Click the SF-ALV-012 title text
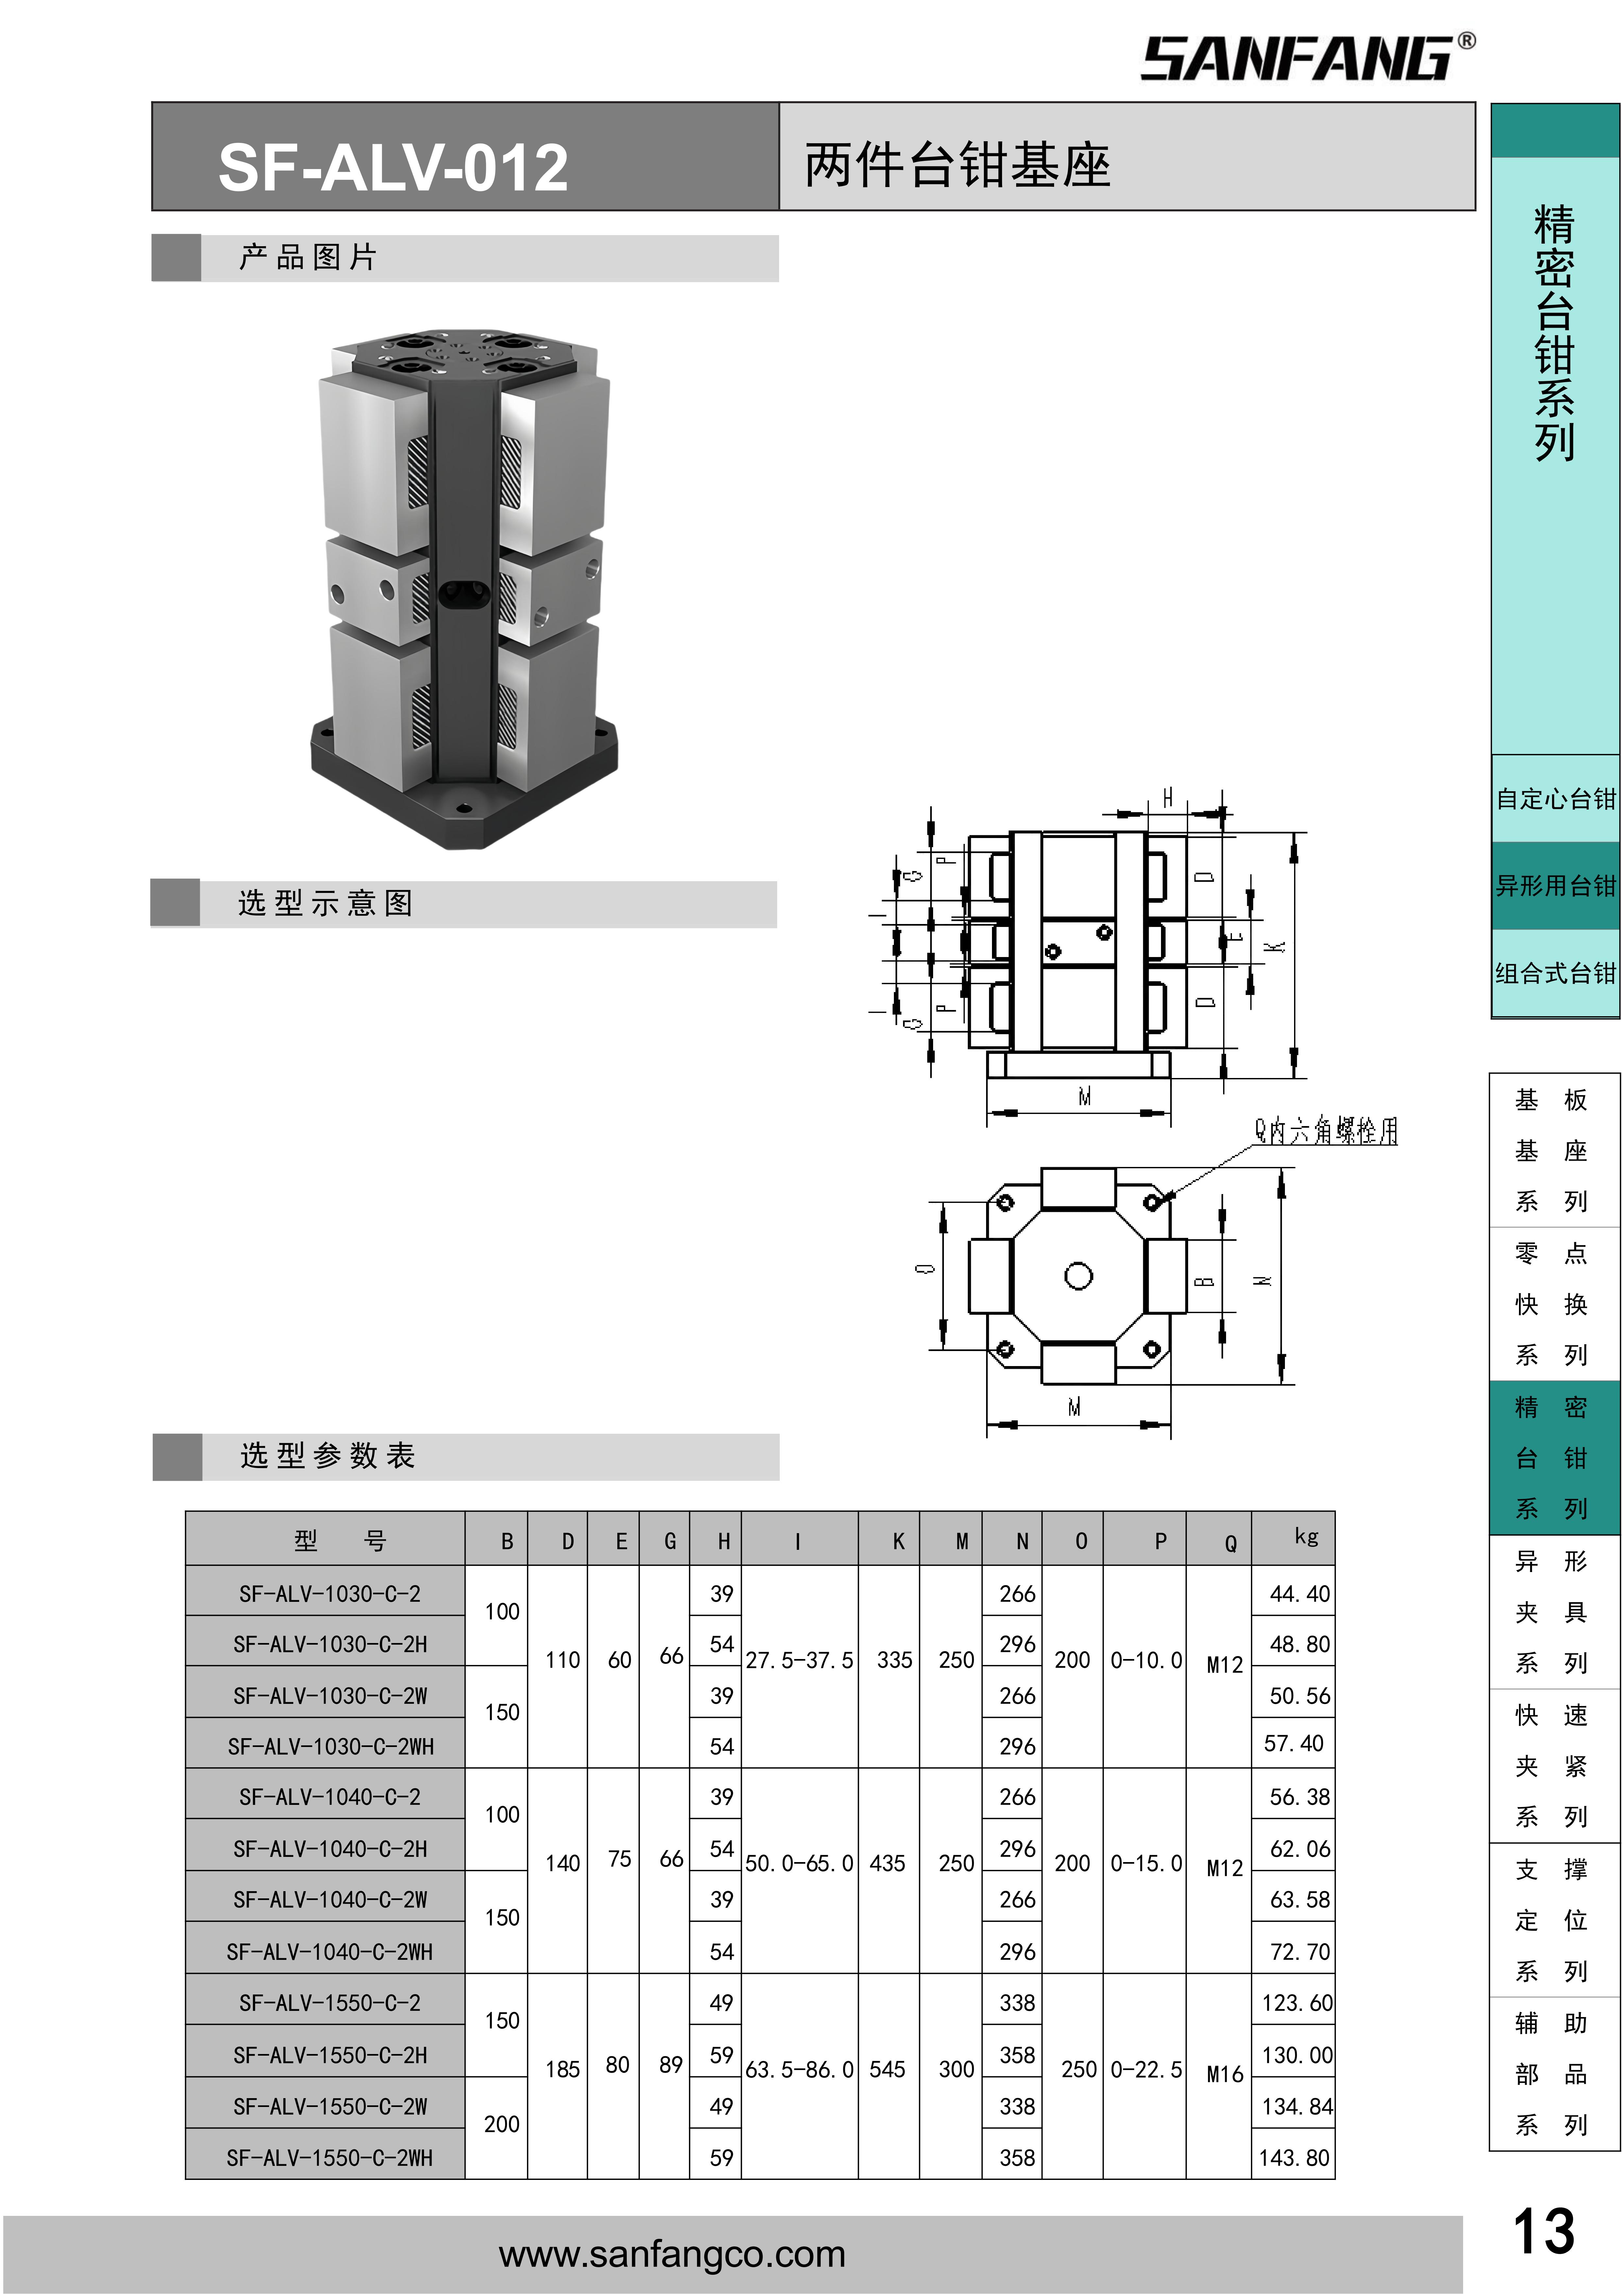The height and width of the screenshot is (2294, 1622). pos(393,167)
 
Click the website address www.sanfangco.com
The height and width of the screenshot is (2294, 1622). pos(672,2254)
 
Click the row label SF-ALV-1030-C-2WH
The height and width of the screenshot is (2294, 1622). pos(330,1746)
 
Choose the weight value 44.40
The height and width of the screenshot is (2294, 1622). pos(1299,1594)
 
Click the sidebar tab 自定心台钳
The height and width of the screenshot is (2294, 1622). pos(1555,799)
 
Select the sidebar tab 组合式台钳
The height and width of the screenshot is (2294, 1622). pos(1555,973)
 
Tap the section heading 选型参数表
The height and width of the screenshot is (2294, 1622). pos(328,1456)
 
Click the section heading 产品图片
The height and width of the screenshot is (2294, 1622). pos(308,258)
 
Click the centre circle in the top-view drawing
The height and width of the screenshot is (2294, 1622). pos(1078,1276)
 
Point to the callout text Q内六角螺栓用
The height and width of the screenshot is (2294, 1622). pos(1325,1131)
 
